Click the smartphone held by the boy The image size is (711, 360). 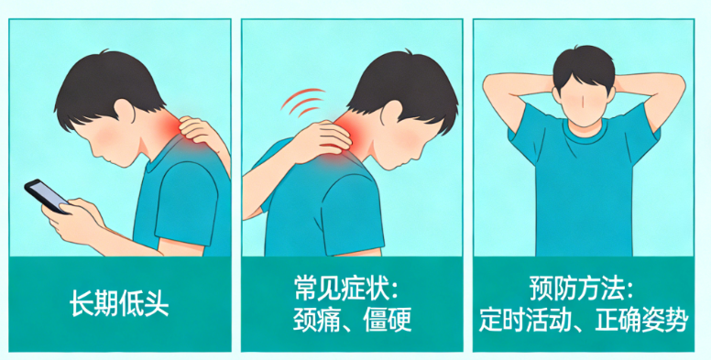click(x=46, y=195)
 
